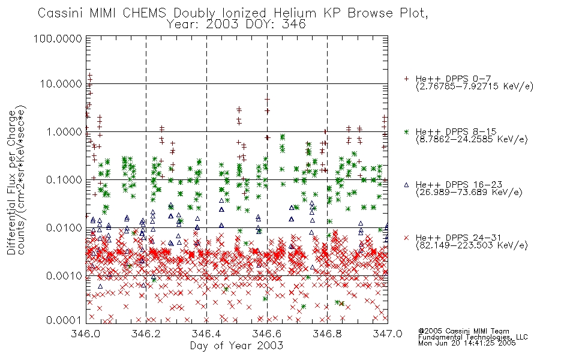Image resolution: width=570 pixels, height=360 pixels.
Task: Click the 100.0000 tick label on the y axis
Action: click(58, 38)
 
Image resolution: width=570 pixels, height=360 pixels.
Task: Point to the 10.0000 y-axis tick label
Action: click(61, 84)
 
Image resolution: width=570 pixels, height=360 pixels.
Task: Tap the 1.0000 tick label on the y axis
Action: click(64, 131)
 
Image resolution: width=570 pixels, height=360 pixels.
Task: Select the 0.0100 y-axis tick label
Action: click(64, 228)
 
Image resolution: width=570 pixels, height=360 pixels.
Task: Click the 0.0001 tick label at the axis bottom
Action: click(64, 320)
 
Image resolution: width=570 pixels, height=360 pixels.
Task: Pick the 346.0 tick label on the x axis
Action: click(86, 334)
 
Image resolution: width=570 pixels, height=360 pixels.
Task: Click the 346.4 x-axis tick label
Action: click(206, 334)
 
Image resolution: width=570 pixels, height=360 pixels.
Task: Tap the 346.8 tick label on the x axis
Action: click(327, 334)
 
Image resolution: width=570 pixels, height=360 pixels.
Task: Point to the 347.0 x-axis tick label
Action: click(388, 334)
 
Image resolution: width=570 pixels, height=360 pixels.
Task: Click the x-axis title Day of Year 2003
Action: click(236, 346)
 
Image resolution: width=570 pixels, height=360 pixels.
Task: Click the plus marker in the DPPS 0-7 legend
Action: click(406, 79)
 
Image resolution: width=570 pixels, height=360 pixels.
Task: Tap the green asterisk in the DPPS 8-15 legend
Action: click(406, 131)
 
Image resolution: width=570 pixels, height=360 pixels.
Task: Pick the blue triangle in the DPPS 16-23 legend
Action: click(406, 185)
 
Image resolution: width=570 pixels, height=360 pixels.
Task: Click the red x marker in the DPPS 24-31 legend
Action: click(406, 238)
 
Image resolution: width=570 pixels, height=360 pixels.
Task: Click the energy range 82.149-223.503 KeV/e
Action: click(472, 245)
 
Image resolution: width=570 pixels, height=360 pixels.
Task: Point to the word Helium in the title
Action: click(295, 13)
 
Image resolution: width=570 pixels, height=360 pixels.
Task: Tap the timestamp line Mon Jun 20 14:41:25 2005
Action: click(467, 343)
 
